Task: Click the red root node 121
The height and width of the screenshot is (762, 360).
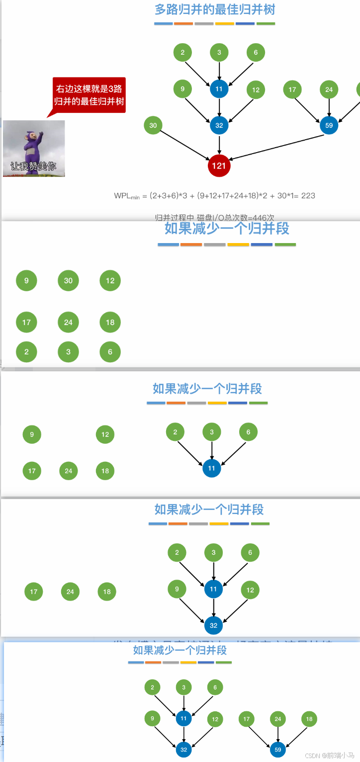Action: tap(219, 166)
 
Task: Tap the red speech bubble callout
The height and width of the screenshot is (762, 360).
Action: tap(90, 94)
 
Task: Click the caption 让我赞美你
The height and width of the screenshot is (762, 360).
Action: tap(34, 167)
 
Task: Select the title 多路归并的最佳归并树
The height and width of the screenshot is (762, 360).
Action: tap(215, 9)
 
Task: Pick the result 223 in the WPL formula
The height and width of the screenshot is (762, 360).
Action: tap(308, 195)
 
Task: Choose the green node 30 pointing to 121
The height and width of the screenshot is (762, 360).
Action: tap(153, 125)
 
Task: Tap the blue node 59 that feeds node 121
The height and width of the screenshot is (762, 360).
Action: tap(329, 125)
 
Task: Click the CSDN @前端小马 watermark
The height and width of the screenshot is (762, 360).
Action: tap(333, 755)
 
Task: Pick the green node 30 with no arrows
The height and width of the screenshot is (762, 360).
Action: tap(68, 280)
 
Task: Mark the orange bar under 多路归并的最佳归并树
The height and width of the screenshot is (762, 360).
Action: tap(183, 23)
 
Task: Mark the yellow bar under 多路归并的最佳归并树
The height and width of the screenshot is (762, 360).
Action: tap(225, 23)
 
